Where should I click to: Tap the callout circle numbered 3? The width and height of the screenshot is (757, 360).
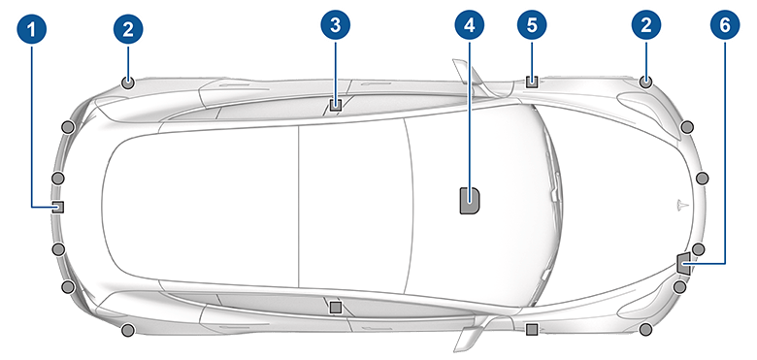(x=335, y=28)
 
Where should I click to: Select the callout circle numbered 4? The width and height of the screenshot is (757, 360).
(x=470, y=28)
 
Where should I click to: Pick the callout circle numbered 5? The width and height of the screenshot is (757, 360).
(x=531, y=28)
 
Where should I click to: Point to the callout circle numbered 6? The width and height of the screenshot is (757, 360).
(x=726, y=28)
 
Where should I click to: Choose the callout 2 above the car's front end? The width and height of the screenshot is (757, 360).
(x=644, y=28)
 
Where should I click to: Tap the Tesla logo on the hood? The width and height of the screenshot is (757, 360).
(x=680, y=206)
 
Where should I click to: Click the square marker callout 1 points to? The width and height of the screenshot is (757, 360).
(x=58, y=206)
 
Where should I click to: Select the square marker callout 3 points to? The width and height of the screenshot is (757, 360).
(x=335, y=103)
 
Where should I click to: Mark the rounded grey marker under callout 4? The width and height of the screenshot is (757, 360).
(x=470, y=200)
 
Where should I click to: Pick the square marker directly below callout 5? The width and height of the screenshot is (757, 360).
(x=531, y=82)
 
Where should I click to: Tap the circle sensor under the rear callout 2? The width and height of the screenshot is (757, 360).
(x=127, y=82)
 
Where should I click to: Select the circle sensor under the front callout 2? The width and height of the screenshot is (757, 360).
(x=644, y=82)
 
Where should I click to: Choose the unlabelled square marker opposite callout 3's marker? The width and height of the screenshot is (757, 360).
(x=335, y=307)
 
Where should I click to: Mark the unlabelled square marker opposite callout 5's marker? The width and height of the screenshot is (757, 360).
(x=531, y=331)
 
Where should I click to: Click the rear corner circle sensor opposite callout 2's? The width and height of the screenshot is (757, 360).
(x=127, y=332)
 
